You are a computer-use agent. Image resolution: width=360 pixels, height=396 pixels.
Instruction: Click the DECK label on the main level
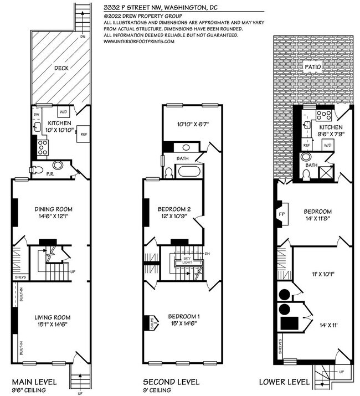(61, 69)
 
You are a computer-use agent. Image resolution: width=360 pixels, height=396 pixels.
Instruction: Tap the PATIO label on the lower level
(313, 66)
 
